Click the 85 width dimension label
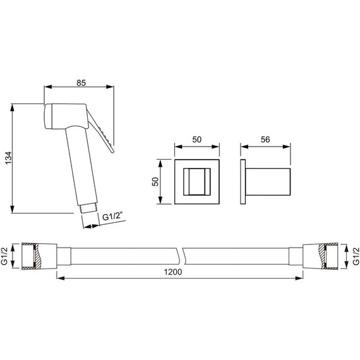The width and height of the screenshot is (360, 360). pos(81,83)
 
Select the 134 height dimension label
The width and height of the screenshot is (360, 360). pos(9,158)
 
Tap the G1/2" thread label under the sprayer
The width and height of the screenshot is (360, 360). pos(112,217)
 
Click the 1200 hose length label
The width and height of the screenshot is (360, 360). pos(173,272)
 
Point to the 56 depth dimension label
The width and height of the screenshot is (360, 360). pos(265,140)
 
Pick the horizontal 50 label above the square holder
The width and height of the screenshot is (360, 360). pos(197,140)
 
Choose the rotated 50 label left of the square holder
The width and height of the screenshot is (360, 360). pos(155,182)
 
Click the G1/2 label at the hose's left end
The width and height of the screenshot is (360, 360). pos(4,256)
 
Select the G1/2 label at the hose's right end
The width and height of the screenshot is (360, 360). pos(356,256)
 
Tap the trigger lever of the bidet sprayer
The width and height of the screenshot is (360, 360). pos(100,131)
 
